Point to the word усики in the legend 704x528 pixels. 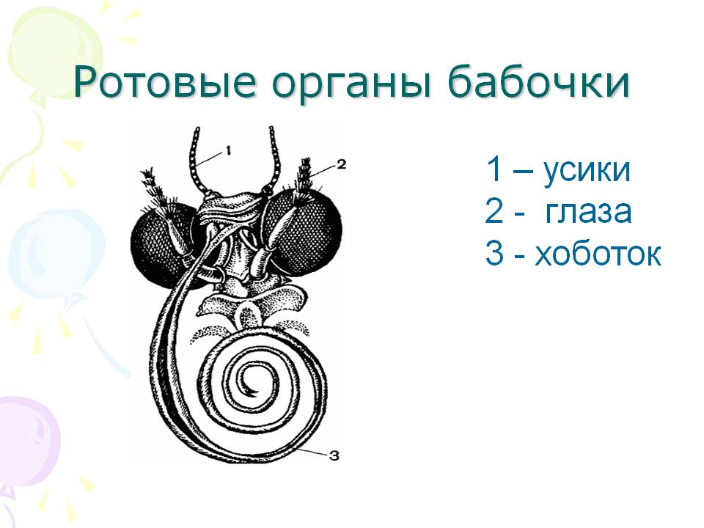pos(587,170)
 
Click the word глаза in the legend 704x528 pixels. pos(588,211)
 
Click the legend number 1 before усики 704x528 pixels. pos(493,169)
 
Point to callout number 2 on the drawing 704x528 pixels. pos(341,165)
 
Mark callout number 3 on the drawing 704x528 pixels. pos(334,457)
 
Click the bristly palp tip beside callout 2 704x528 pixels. pos(305,178)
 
